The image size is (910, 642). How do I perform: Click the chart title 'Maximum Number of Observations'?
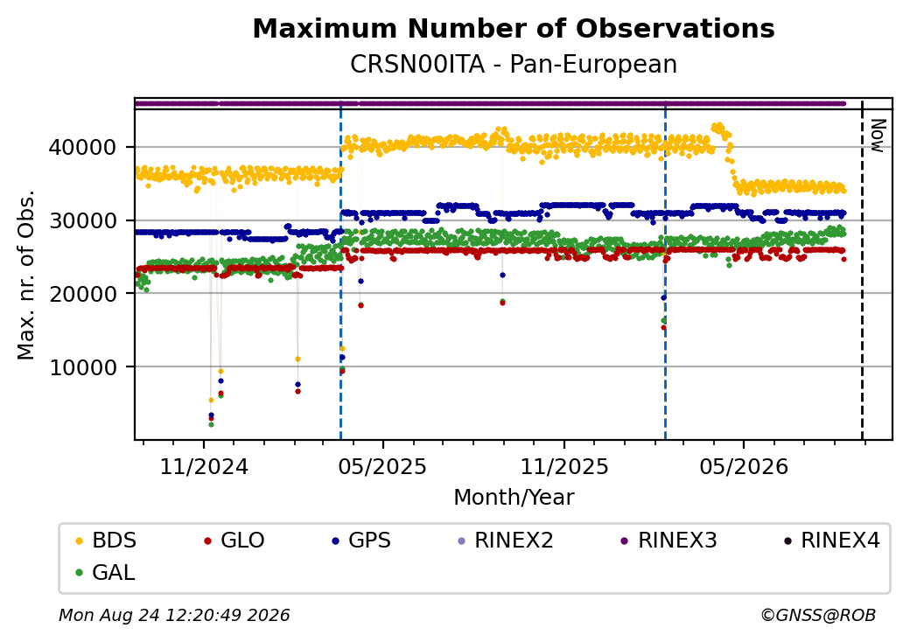click(x=514, y=28)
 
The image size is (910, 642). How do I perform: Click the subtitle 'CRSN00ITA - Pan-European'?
click(x=514, y=65)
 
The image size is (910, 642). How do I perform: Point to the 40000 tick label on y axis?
click(x=82, y=147)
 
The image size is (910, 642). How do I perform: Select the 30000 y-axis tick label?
click(x=82, y=220)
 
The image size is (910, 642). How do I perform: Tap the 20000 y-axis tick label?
click(x=82, y=294)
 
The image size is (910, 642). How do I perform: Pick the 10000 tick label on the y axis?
click(x=82, y=367)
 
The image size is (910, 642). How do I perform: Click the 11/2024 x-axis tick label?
click(x=204, y=466)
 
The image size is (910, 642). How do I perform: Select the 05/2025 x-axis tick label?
click(x=382, y=466)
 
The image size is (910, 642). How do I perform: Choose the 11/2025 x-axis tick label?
click(x=564, y=466)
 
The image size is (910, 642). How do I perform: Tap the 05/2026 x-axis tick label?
click(x=744, y=466)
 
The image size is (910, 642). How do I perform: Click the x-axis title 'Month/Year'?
click(x=514, y=498)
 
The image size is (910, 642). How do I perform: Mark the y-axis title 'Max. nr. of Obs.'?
click(x=26, y=275)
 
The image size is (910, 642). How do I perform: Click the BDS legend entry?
click(x=106, y=541)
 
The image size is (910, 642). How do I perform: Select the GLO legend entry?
click(x=234, y=541)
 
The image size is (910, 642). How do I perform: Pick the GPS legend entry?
click(x=361, y=541)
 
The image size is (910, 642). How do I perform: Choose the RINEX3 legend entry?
click(x=669, y=541)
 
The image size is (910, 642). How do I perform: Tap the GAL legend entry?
click(x=106, y=572)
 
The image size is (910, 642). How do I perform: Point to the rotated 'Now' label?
click(x=878, y=136)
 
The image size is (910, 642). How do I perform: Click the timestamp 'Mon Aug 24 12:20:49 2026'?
click(x=174, y=615)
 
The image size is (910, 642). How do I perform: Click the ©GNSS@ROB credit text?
click(x=818, y=615)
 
